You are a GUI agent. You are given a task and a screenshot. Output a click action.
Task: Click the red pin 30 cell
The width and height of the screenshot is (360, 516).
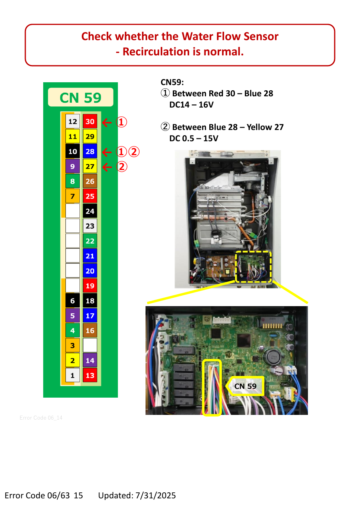(x=90, y=121)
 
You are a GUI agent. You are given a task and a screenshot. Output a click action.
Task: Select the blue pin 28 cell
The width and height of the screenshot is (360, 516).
(x=90, y=151)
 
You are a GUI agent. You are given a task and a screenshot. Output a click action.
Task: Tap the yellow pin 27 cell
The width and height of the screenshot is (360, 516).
(x=90, y=166)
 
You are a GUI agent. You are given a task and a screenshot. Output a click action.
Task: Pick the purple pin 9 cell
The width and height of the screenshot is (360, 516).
(x=73, y=166)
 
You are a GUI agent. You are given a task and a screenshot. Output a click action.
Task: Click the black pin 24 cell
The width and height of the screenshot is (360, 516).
(x=90, y=211)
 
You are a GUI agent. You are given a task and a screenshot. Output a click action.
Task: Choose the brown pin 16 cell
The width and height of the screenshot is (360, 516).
(x=90, y=330)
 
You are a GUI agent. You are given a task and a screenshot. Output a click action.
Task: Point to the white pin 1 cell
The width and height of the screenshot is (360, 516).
(x=73, y=375)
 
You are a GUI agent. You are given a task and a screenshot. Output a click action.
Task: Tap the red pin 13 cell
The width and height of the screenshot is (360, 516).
(x=90, y=375)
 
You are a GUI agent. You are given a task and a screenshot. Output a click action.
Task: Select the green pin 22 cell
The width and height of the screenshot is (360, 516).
(x=90, y=241)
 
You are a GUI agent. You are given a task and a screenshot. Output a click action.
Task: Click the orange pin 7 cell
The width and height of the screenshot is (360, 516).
(x=73, y=196)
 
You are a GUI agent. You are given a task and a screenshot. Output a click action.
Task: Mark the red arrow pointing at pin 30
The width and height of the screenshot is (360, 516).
(x=107, y=122)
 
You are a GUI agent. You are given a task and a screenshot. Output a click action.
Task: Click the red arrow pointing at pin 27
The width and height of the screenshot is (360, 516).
(x=107, y=167)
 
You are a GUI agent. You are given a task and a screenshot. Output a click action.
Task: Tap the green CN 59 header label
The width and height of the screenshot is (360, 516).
(x=81, y=97)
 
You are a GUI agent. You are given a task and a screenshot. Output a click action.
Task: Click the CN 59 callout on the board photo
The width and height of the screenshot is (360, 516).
(x=245, y=386)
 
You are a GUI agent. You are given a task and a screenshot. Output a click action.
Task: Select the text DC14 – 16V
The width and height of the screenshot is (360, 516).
(x=191, y=105)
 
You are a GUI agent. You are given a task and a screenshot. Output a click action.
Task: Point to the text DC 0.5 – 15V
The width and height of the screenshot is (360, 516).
(x=194, y=138)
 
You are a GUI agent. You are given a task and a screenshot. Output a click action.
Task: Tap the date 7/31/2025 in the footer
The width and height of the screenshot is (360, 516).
(x=156, y=495)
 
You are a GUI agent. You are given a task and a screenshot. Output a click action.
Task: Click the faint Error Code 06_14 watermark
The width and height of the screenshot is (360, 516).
(x=41, y=418)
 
